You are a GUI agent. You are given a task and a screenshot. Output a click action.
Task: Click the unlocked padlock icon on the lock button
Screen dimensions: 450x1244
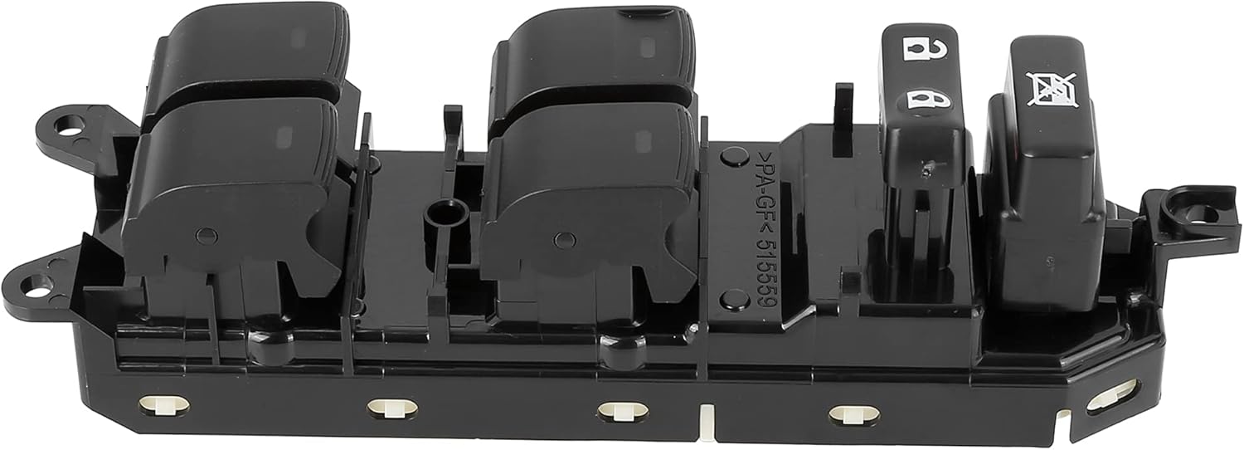coord(916,50)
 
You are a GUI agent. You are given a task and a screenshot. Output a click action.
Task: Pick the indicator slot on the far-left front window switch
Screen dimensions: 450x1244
coord(284,135)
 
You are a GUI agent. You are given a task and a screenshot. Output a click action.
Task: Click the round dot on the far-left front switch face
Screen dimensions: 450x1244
coord(207,236)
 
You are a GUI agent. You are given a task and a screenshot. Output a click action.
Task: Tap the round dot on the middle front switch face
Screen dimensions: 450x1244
coord(564,241)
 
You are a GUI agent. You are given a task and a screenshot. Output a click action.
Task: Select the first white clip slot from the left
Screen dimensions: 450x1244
coord(163,404)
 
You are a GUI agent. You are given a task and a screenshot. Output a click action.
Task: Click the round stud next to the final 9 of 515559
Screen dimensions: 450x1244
coord(733,299)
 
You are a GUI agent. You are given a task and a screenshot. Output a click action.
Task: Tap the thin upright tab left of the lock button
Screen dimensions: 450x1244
coord(843,108)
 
